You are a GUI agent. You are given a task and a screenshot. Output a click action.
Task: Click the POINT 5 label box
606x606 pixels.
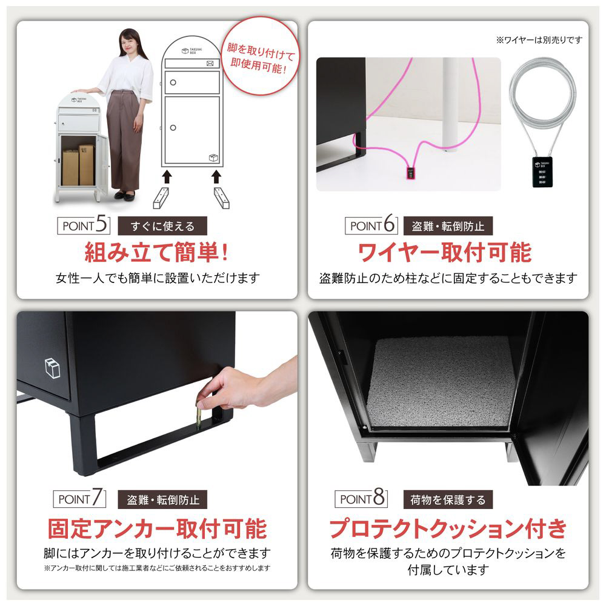point(84,225)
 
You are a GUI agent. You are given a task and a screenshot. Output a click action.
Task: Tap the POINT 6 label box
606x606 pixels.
point(371,225)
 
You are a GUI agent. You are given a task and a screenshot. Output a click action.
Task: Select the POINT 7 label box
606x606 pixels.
point(79,499)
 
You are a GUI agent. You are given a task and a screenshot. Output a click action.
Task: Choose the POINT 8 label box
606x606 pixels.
point(361,499)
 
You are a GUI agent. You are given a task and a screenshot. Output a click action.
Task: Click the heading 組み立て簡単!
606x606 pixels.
point(156,252)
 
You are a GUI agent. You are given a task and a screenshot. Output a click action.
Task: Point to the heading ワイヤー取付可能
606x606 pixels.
point(445,252)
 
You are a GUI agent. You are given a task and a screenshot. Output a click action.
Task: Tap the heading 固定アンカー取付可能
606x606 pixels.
point(158,528)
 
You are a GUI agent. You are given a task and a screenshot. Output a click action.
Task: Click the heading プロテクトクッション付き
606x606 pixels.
point(448,528)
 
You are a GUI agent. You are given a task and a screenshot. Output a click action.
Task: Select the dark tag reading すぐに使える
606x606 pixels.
point(162,225)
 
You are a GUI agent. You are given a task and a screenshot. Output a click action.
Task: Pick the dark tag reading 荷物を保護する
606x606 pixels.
point(448,499)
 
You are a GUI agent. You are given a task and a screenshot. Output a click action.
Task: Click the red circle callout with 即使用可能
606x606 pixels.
point(261,56)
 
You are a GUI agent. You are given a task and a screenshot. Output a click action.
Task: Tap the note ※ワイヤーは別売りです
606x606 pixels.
point(539,40)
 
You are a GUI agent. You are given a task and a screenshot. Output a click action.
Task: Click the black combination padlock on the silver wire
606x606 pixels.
point(542,172)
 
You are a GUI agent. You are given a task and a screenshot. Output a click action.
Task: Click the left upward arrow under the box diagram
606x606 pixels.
point(167,176)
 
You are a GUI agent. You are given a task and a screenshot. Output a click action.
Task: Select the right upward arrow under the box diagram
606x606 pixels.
point(216,176)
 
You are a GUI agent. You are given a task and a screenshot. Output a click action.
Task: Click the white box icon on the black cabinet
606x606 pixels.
point(53,368)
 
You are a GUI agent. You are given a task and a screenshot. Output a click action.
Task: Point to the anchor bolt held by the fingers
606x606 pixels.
point(199,416)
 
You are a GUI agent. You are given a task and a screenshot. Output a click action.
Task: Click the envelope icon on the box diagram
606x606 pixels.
point(210,64)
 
